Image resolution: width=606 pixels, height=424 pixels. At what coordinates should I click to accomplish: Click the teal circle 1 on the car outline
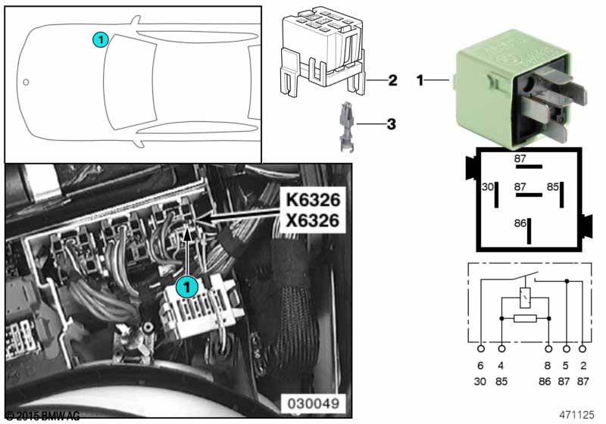tap(99, 39)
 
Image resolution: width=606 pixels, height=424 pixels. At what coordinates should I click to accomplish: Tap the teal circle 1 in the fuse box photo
tap(186, 286)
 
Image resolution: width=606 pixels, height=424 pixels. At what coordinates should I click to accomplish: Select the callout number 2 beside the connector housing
tap(392, 79)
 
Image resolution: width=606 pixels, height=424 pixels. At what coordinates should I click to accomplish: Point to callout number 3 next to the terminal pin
tap(392, 122)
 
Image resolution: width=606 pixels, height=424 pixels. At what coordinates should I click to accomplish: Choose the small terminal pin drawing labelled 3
tap(342, 123)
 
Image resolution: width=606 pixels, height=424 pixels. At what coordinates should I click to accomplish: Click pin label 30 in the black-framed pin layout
tap(488, 186)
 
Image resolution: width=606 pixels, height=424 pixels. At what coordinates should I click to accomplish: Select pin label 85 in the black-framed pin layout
tap(553, 186)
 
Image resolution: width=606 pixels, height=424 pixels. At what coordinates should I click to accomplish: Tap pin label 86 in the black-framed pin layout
tap(520, 223)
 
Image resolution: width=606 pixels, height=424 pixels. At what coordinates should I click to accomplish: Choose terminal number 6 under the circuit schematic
tap(481, 366)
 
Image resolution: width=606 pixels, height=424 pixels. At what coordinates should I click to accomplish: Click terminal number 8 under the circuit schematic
tap(548, 366)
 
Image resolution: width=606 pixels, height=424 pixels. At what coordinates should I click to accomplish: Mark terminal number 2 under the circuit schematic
tap(582, 366)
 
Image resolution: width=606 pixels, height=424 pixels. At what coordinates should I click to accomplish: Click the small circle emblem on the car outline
tap(27, 81)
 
